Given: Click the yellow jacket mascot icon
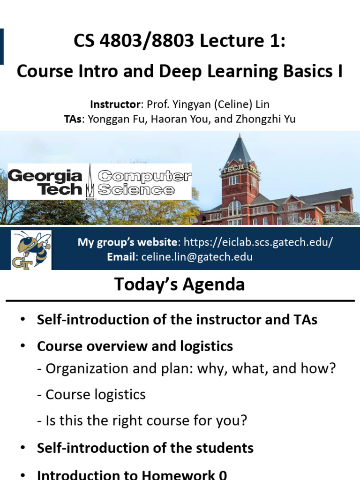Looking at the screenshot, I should pyautogui.click(x=31, y=249).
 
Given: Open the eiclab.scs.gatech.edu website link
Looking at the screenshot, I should pyautogui.click(x=258, y=242).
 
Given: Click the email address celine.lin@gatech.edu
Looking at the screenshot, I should pyautogui.click(x=194, y=256).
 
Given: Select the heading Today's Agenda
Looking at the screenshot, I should pyautogui.click(x=180, y=285).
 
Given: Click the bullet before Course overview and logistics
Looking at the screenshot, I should pyautogui.click(x=22, y=346).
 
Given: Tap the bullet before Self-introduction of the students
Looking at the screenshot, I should pyautogui.click(x=22, y=448).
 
